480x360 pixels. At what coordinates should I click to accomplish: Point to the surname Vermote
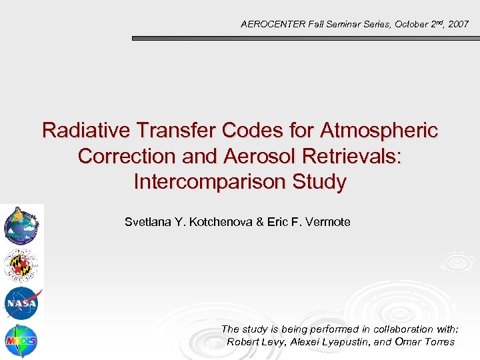327,222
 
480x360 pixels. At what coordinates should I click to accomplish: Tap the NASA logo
22,303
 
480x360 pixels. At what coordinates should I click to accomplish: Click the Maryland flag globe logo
21,265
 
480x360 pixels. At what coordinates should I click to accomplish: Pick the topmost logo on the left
21,225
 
